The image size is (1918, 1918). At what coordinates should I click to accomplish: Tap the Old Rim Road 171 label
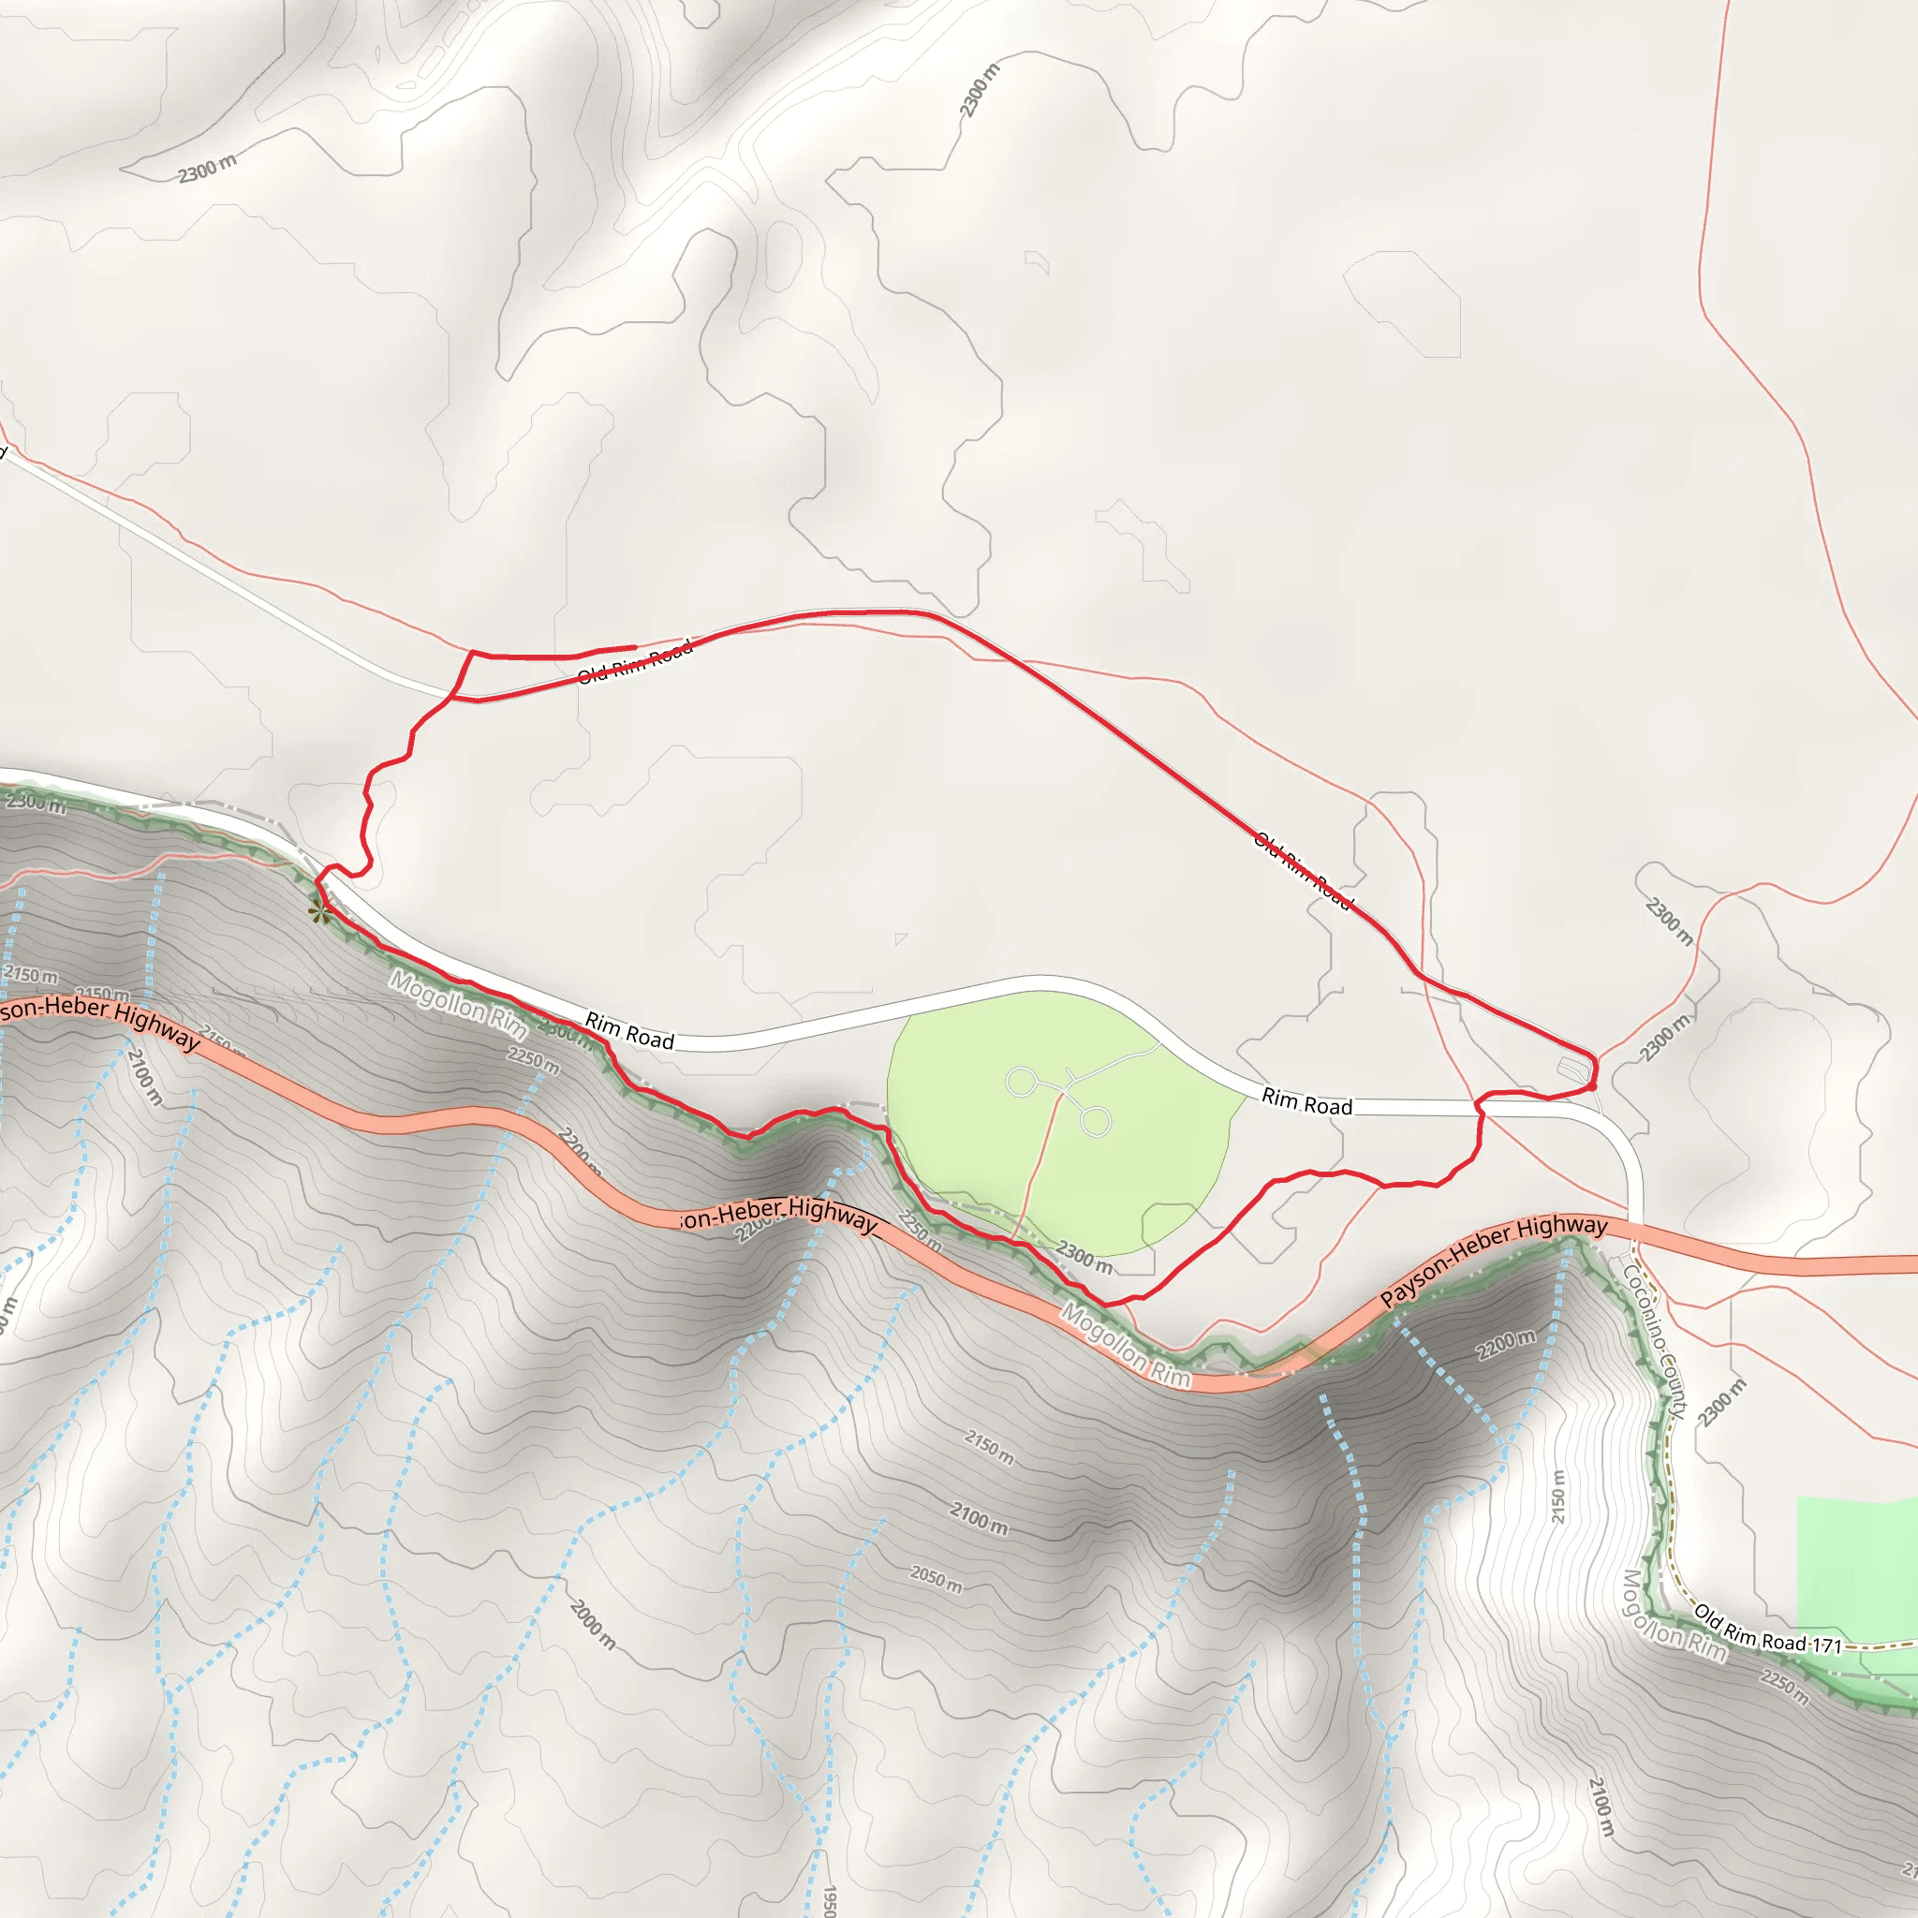[1767, 1630]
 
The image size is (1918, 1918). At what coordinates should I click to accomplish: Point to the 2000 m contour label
[593, 1624]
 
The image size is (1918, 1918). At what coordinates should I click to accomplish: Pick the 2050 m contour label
[937, 1578]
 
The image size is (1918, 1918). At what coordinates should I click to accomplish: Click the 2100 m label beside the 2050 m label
[979, 1518]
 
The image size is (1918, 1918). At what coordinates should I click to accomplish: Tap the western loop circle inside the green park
[1021, 1082]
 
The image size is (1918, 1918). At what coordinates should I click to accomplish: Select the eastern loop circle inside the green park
[1095, 1122]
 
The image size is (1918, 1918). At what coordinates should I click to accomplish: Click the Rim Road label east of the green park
[1306, 1102]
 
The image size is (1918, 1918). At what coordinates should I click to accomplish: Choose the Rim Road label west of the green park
[629, 1030]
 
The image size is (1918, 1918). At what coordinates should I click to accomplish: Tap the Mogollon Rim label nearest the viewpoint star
[457, 1004]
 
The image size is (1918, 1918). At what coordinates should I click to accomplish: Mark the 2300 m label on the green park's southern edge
[1084, 1257]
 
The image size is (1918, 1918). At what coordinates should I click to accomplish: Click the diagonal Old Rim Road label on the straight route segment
[1303, 871]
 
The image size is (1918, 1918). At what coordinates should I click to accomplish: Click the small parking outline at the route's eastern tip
[1573, 1070]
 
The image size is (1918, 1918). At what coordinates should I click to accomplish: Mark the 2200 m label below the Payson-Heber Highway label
[1505, 1344]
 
